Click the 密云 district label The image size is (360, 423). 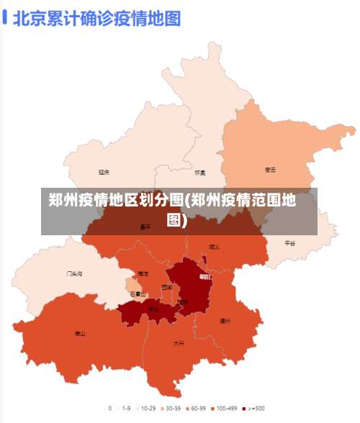click(x=271, y=170)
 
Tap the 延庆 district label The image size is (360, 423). click(x=104, y=172)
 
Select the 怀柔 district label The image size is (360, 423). click(x=200, y=173)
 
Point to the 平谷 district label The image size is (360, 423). click(x=289, y=243)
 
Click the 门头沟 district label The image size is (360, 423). click(x=74, y=274)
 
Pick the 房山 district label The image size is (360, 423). click(x=80, y=333)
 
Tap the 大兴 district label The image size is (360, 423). click(x=179, y=343)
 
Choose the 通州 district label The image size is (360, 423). click(x=225, y=321)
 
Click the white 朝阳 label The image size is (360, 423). click(x=205, y=276)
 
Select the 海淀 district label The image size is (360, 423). click(x=143, y=274)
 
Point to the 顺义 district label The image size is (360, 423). click(x=215, y=246)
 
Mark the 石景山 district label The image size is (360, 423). click(x=138, y=294)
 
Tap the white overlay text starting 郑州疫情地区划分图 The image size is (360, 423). click(x=179, y=209)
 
